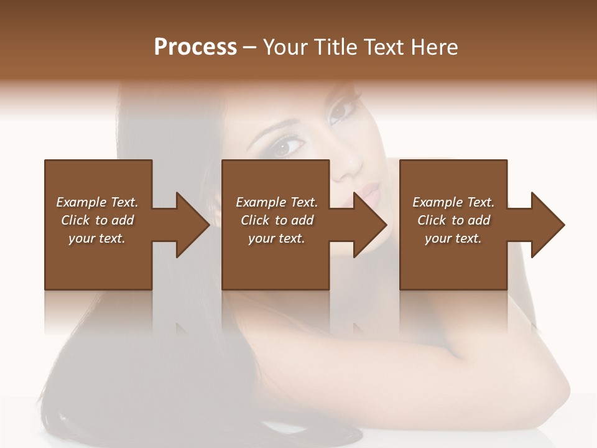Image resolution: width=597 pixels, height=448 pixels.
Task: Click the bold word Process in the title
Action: point(195,47)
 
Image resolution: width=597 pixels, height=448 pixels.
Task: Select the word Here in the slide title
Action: point(435,47)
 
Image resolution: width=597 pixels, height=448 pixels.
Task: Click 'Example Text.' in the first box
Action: point(97,202)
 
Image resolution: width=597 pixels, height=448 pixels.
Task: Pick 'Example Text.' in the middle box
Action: point(277,202)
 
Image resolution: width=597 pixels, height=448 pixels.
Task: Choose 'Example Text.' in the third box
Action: point(453,202)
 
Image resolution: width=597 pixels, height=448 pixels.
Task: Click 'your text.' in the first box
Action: point(97,238)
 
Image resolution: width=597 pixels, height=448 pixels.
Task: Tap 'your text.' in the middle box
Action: point(277,238)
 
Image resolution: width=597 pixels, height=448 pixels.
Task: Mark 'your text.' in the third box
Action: point(453,238)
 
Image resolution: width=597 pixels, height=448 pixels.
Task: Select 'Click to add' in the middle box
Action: point(277,220)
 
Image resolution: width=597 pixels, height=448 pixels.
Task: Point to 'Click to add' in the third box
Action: point(453,220)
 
